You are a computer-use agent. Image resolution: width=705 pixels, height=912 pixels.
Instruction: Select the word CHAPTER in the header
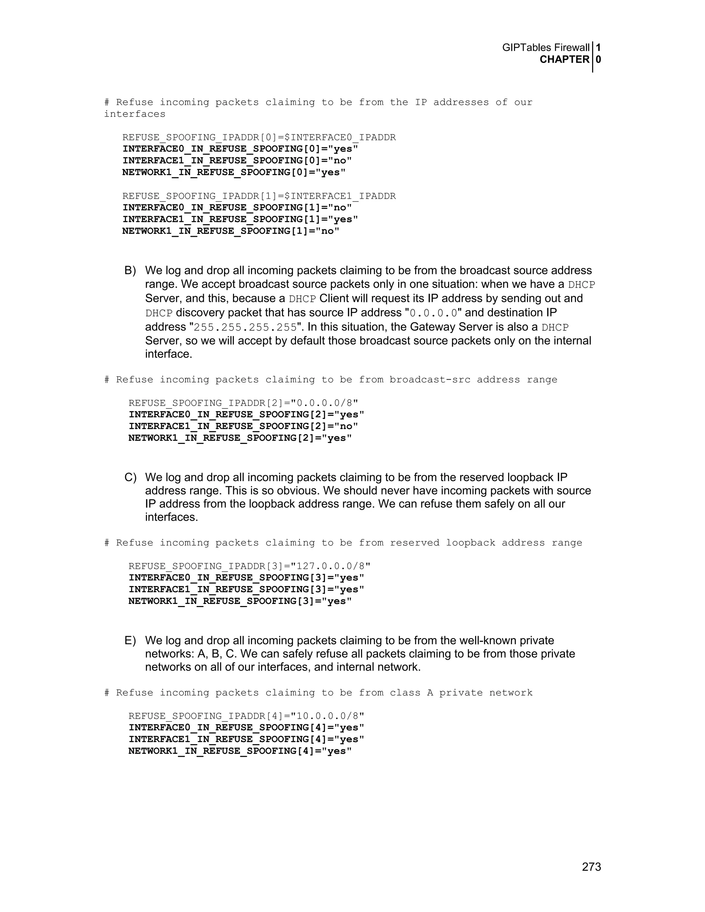[x=564, y=60]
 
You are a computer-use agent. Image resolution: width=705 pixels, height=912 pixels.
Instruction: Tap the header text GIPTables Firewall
[x=546, y=47]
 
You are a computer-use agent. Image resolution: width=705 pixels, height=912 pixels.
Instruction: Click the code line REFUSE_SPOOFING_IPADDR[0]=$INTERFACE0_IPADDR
[x=259, y=137]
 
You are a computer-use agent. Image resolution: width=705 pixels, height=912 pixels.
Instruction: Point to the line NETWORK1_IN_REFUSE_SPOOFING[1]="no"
[x=231, y=231]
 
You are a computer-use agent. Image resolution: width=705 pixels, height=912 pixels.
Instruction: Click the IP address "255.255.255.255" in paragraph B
[x=245, y=327]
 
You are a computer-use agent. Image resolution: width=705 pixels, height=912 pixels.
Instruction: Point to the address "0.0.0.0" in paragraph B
[x=433, y=313]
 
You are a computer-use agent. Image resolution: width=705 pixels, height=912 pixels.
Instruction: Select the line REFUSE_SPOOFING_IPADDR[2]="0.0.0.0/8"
[x=243, y=403]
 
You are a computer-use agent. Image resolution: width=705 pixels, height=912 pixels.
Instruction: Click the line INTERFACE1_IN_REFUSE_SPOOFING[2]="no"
[x=243, y=426]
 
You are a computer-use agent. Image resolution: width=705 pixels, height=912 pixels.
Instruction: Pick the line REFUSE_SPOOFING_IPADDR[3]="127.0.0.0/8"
[x=249, y=566]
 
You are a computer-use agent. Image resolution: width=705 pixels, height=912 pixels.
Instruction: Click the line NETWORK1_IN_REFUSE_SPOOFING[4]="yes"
[x=240, y=751]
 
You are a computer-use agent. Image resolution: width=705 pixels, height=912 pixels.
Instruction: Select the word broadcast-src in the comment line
[x=430, y=380]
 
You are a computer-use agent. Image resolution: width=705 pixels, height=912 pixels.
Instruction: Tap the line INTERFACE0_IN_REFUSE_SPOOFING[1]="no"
[x=237, y=208]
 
